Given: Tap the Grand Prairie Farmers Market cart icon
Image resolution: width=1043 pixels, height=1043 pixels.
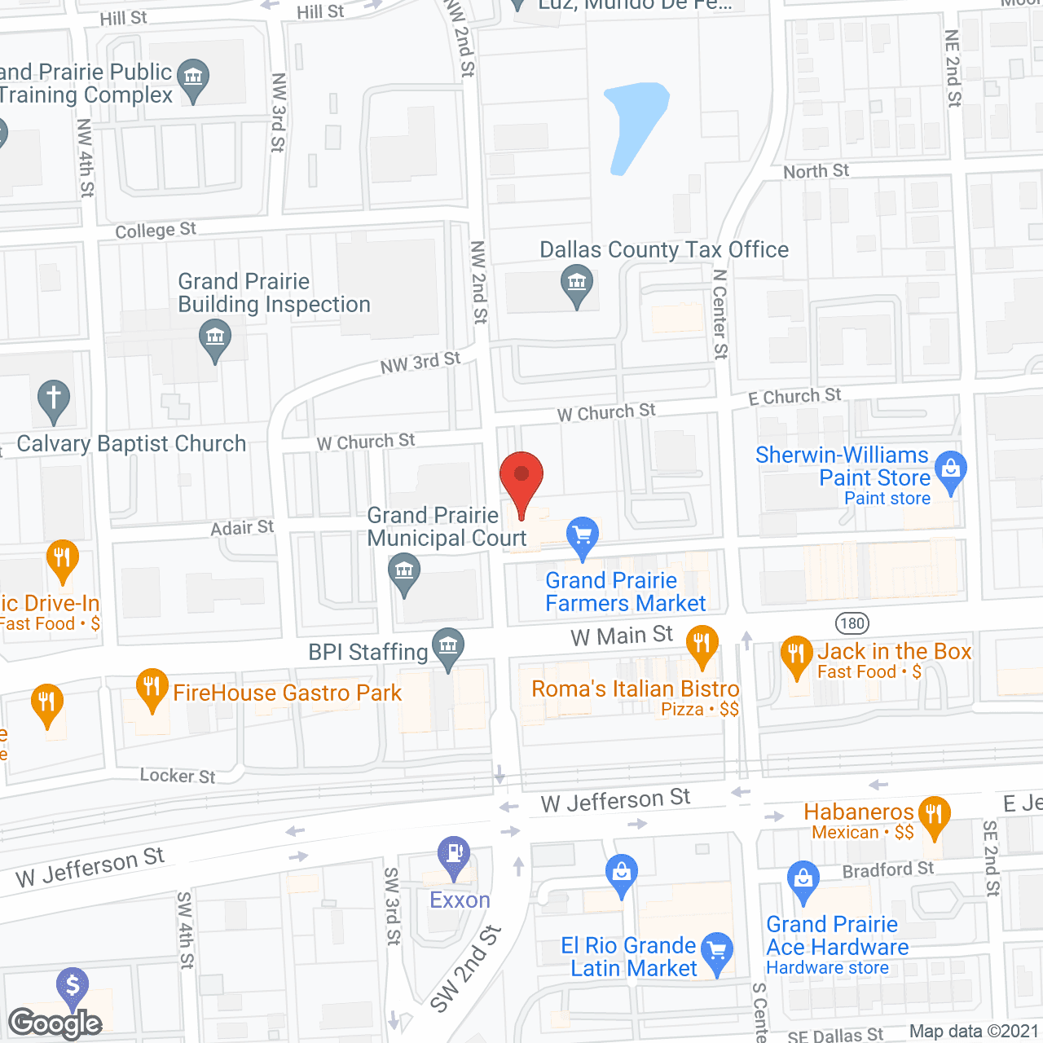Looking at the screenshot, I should click(582, 536).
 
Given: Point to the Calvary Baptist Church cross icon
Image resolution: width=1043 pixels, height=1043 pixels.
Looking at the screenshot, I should click(54, 399).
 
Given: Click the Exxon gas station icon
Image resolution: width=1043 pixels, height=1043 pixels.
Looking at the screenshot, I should click(454, 855).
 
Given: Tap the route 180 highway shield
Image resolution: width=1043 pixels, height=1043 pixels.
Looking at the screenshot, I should click(852, 624).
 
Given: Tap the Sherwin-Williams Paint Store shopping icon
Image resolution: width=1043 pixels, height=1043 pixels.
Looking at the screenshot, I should click(950, 470).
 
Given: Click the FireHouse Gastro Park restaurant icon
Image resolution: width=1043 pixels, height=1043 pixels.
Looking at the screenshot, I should click(152, 687).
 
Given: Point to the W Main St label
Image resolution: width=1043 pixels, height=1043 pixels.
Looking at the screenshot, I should click(622, 636).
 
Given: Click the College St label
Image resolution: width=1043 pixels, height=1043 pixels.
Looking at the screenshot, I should click(156, 231).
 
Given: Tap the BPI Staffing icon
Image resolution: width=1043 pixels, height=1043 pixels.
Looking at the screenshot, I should click(447, 647).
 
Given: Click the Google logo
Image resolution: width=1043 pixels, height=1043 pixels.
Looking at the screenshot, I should click(55, 1023).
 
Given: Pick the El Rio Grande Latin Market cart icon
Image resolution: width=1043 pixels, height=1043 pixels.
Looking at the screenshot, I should click(717, 951).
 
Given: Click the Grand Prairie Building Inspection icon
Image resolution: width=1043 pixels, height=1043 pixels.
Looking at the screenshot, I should click(215, 337).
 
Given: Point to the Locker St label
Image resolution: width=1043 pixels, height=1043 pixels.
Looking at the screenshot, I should click(177, 776).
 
